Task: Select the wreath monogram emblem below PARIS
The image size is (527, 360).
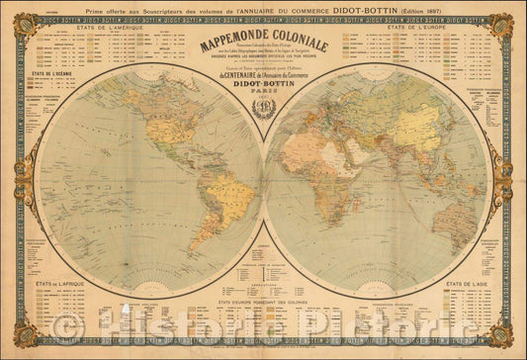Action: point(263,110)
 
